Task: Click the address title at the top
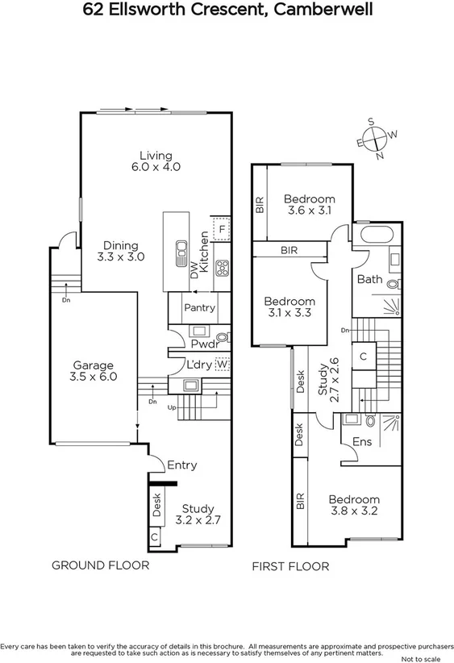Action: (x=227, y=10)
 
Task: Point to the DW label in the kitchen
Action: (x=194, y=272)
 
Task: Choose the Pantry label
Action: (x=198, y=308)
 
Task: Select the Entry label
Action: (x=181, y=465)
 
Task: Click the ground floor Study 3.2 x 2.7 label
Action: (x=198, y=515)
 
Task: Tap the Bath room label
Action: (x=369, y=280)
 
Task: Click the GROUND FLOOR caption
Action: (x=100, y=565)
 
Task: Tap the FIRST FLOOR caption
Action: (x=290, y=566)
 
